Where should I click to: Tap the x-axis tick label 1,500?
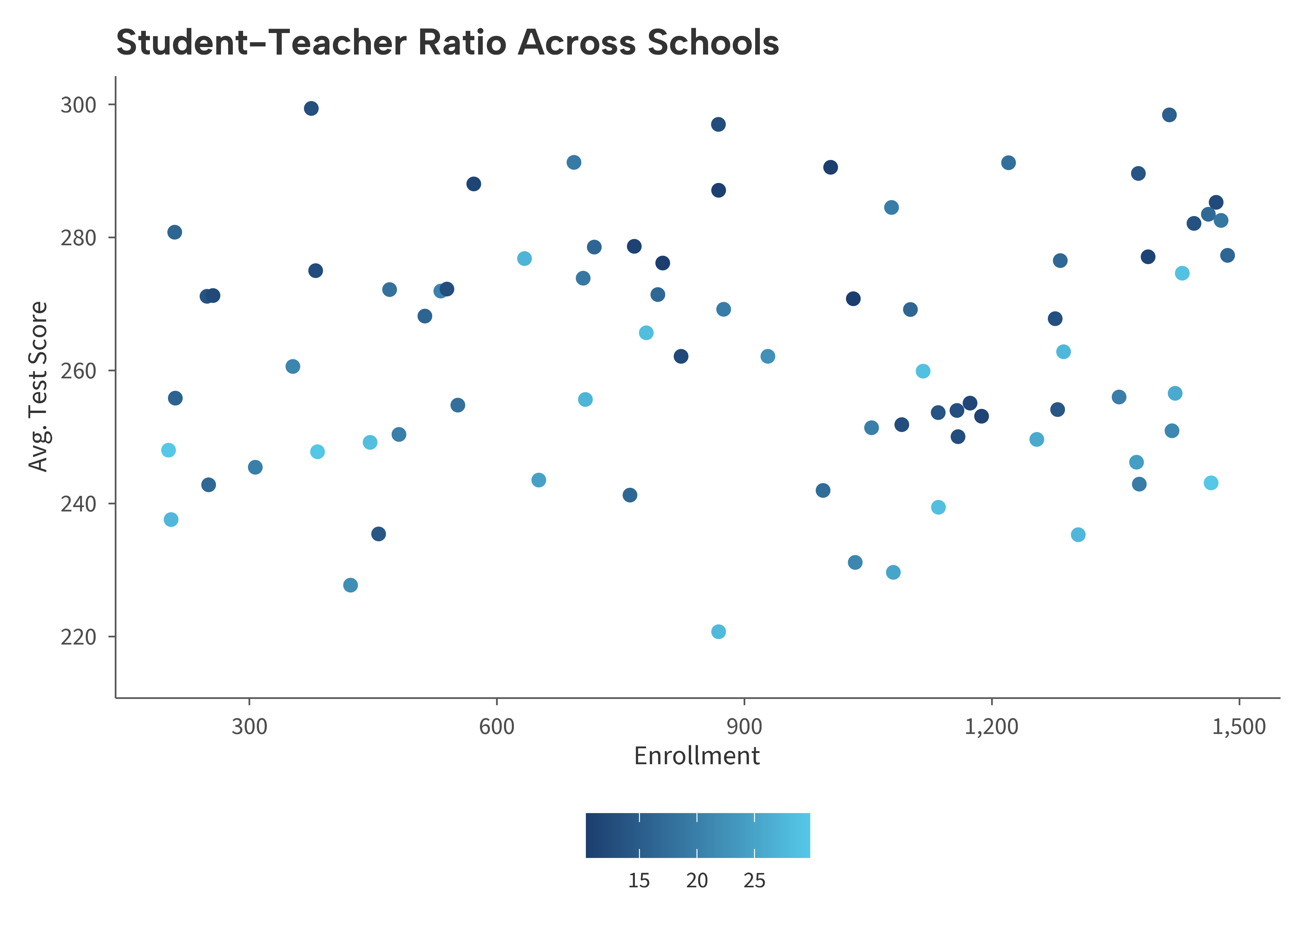[x=1239, y=726]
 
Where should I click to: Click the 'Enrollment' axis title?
[x=697, y=756]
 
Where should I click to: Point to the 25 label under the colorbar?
[x=754, y=880]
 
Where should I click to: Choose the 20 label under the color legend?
[x=697, y=880]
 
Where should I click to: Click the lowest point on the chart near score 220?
[x=718, y=631]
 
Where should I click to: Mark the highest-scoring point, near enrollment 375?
[x=311, y=108]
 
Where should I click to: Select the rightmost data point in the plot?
[x=1227, y=255]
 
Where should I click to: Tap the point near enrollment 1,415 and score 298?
[x=1169, y=115]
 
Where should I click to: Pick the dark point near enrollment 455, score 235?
[x=378, y=534]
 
